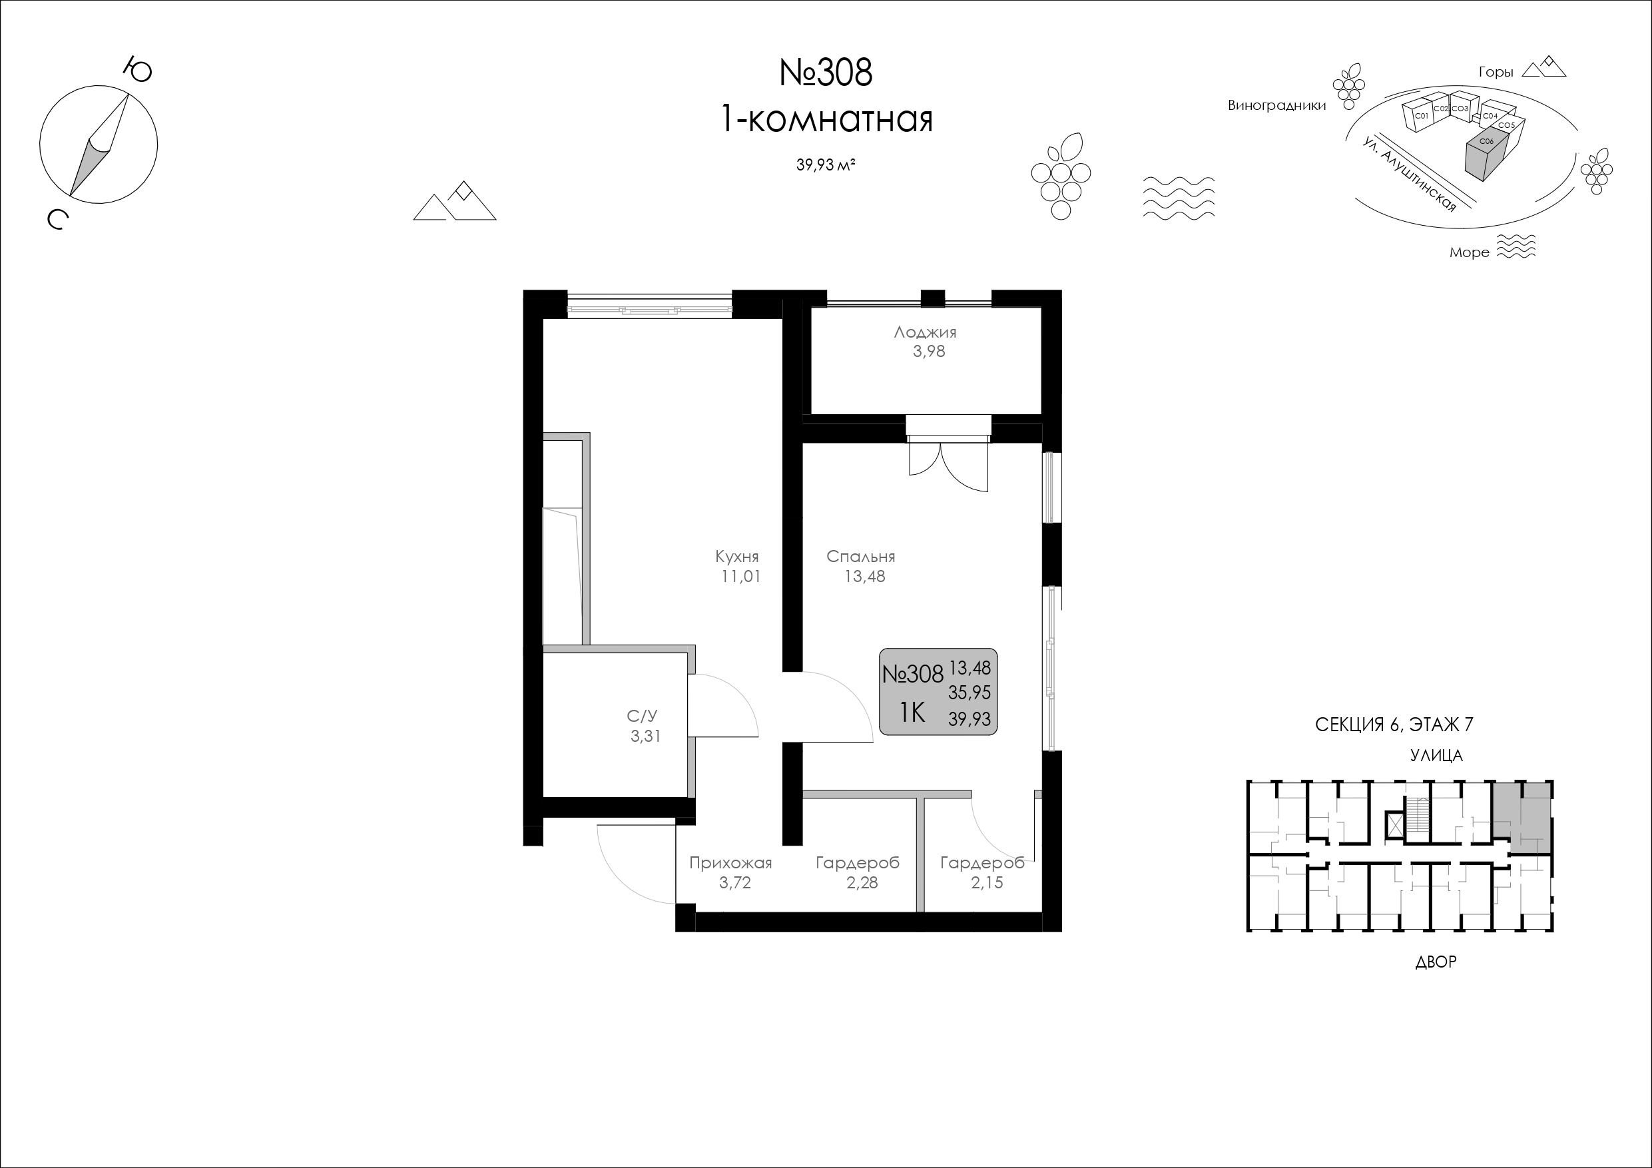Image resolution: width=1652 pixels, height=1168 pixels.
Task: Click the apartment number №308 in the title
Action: [826, 73]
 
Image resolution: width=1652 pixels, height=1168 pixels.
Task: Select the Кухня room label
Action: [737, 556]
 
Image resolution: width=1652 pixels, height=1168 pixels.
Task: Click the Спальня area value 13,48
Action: [865, 577]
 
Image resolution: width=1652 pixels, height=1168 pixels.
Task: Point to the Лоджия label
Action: [926, 332]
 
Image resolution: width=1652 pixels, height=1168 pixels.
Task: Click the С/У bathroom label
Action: [642, 716]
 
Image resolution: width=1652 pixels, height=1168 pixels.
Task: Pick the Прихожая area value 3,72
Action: [734, 883]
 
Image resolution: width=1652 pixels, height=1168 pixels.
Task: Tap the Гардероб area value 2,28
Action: [862, 883]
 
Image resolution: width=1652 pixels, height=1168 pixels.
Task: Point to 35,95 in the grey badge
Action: [970, 693]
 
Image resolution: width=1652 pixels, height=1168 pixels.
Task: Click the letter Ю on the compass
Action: [137, 70]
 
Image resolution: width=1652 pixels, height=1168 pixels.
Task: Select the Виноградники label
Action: [1277, 106]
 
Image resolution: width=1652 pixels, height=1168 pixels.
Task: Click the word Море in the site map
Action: [1470, 252]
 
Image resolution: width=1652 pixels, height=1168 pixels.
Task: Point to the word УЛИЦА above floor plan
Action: [1436, 756]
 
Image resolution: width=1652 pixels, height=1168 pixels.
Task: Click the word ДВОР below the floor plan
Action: [1436, 962]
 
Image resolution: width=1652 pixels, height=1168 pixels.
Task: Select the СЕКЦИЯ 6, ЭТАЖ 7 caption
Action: [1394, 725]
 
